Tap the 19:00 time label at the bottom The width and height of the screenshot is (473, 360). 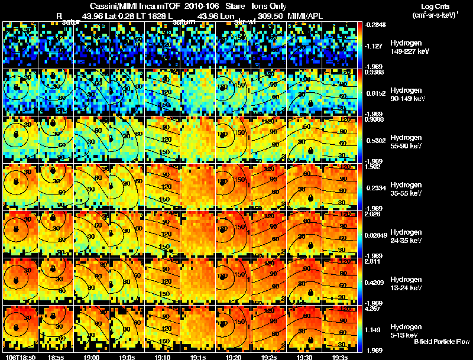[x=92, y=357]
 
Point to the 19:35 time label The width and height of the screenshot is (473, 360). [x=339, y=357]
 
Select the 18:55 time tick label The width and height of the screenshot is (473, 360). [x=56, y=357]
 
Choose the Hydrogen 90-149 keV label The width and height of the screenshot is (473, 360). [x=407, y=95]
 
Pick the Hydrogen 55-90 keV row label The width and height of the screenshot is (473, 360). [x=407, y=142]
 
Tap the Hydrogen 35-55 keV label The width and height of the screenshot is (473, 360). [x=407, y=189]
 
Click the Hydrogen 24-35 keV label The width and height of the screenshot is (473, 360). [x=407, y=236]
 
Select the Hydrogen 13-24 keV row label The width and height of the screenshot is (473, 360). [x=407, y=284]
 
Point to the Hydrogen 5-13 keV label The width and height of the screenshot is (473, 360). [x=406, y=330]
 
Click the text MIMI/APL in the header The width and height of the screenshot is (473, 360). [x=306, y=17]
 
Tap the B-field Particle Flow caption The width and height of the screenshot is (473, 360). [x=442, y=342]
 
